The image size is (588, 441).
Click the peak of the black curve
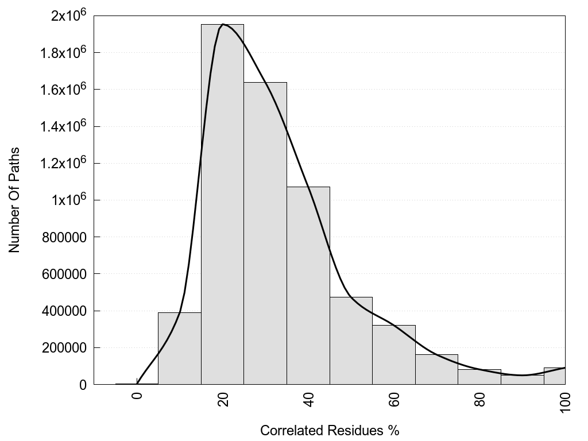pos(223,24)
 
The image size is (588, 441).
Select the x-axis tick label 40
pos(309,398)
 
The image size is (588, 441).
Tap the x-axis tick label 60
pos(394,398)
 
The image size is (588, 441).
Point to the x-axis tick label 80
pos(480,398)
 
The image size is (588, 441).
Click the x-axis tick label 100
pos(566,400)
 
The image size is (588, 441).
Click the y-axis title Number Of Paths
pos(14,200)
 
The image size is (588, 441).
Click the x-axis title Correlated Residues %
pos(330,430)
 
